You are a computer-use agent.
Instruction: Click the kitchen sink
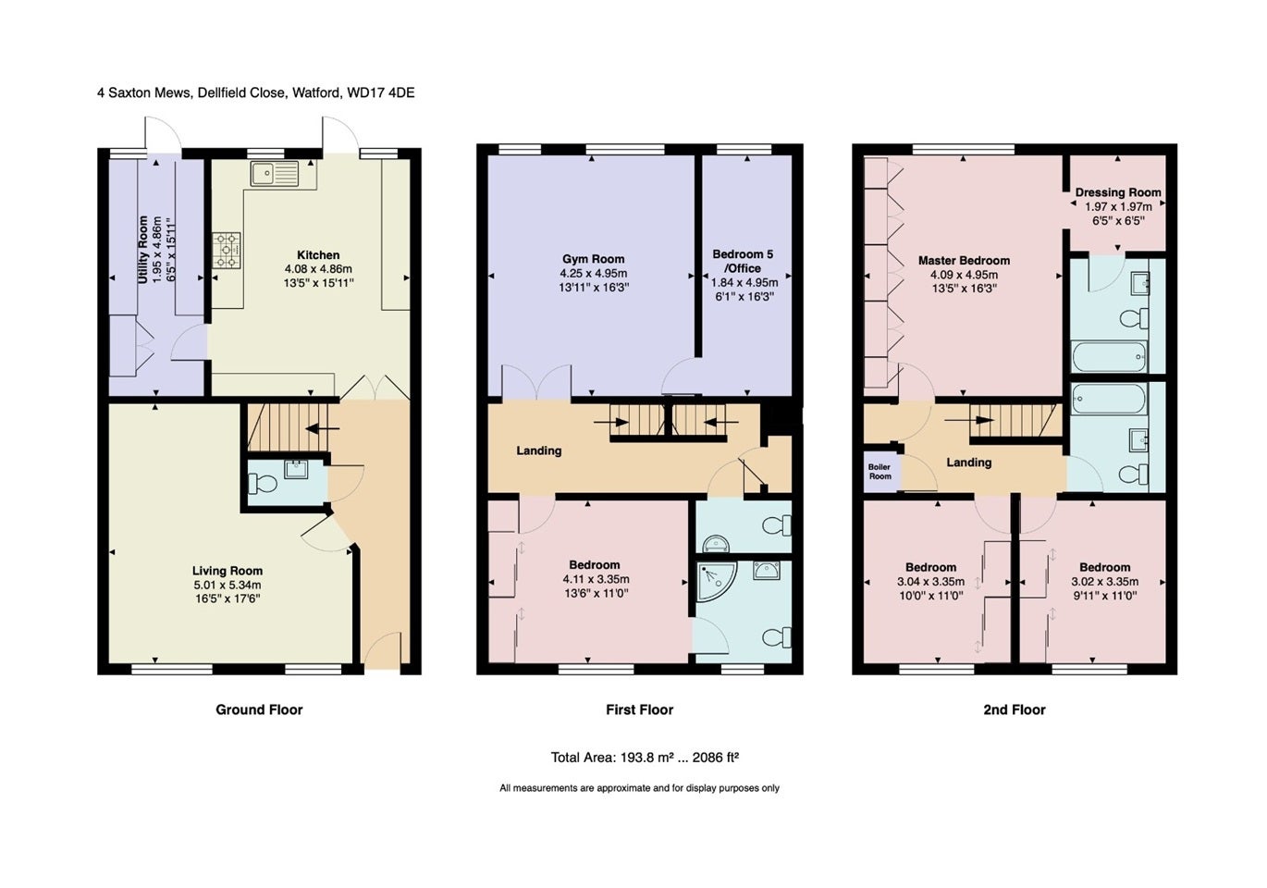point(275,173)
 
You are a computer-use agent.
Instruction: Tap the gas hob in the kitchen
point(227,250)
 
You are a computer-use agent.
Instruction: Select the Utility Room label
point(142,250)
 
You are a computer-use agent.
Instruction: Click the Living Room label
point(228,571)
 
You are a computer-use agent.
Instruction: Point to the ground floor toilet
point(263,484)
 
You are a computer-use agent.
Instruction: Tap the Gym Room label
point(594,259)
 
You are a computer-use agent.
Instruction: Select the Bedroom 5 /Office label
point(743,261)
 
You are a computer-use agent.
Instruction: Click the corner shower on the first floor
point(717,582)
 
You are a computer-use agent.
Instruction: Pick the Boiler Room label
point(880,472)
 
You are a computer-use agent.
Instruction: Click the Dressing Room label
point(1118,192)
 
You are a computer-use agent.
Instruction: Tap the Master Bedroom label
point(964,261)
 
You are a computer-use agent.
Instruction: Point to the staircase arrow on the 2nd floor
point(969,420)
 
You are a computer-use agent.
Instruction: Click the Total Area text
point(645,758)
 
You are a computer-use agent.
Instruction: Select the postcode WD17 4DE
point(381,92)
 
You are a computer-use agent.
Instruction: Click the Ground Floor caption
point(259,709)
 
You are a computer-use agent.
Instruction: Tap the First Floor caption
point(640,709)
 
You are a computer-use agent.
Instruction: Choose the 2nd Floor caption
point(1015,709)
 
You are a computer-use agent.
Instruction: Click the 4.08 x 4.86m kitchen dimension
point(318,269)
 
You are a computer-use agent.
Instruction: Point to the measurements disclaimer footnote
point(639,788)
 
